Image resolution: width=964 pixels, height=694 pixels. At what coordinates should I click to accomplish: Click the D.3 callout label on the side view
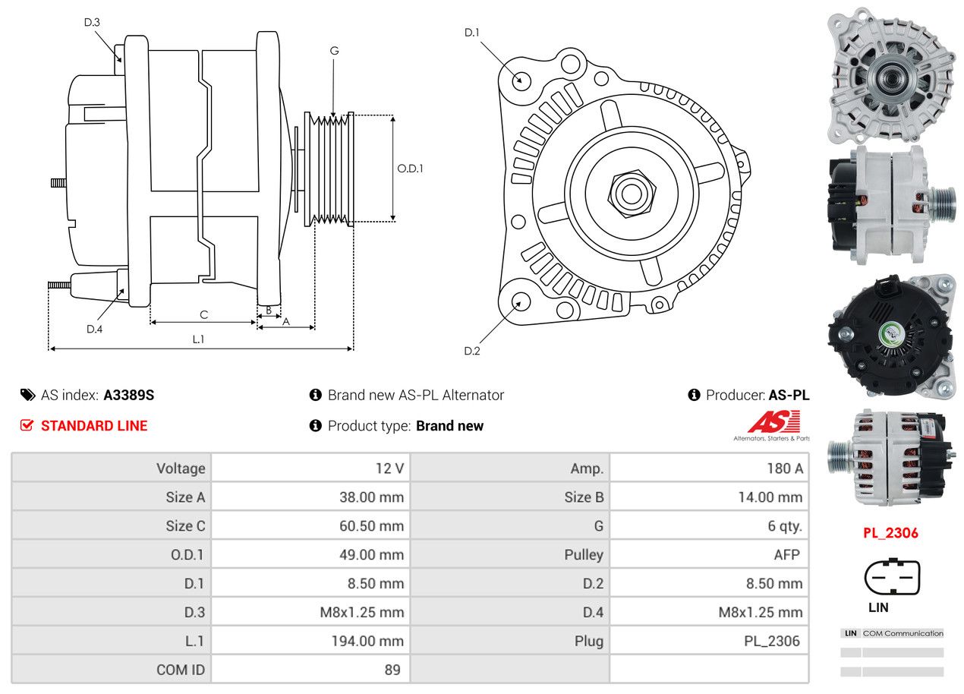[x=92, y=23]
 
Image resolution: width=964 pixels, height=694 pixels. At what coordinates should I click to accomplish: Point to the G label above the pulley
[x=334, y=51]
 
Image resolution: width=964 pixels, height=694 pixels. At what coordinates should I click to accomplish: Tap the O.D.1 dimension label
[x=410, y=169]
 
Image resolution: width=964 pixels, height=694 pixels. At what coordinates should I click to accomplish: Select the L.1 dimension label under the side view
[x=198, y=339]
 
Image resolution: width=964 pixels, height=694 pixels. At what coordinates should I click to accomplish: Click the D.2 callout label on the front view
[x=472, y=351]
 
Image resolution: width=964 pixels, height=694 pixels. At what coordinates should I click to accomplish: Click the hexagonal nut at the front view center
[x=630, y=193]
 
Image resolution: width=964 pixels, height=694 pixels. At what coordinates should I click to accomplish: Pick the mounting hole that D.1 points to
[x=521, y=80]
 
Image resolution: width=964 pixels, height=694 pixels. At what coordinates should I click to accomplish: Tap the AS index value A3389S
[x=129, y=395]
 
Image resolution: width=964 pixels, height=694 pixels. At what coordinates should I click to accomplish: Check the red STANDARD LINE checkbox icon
[x=27, y=425]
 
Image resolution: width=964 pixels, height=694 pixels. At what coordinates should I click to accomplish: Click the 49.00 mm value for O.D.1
[x=371, y=555]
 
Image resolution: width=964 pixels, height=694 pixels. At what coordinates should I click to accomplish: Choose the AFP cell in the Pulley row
[x=786, y=555]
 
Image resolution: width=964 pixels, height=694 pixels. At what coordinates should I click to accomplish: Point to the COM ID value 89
[x=392, y=670]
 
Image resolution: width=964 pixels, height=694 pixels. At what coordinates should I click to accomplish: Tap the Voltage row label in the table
[x=181, y=468]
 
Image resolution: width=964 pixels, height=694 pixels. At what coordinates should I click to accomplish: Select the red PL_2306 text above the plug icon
[x=890, y=533]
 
